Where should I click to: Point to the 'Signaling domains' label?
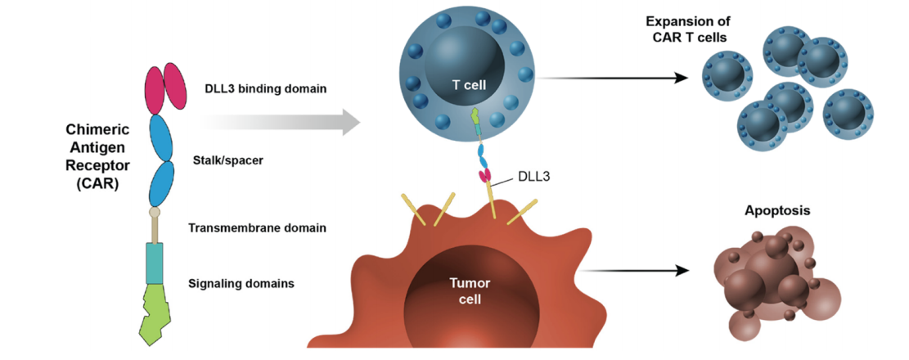tap(241, 284)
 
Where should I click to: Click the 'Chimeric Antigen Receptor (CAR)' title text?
tap(92, 156)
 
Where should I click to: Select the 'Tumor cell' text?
tap(470, 290)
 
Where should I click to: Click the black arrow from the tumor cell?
tap(638, 269)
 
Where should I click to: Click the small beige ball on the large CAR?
tap(154, 213)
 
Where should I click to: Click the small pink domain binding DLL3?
tap(484, 175)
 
